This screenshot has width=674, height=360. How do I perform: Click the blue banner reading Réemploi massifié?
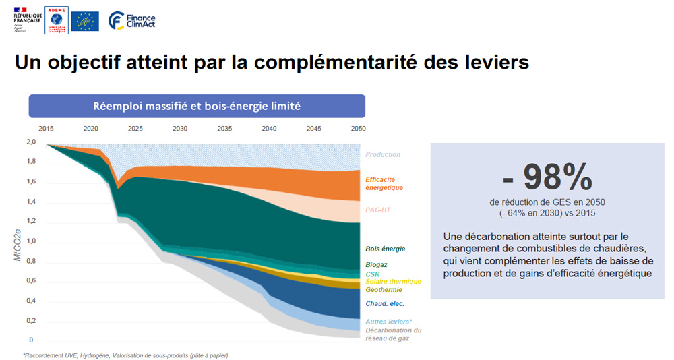[197, 106]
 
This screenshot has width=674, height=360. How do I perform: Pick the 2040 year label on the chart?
[269, 128]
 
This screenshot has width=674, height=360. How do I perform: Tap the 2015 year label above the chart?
[46, 128]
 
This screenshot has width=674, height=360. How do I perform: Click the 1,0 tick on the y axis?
[31, 241]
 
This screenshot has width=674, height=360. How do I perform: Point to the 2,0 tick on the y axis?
[31, 142]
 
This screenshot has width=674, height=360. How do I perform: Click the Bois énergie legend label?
[385, 249]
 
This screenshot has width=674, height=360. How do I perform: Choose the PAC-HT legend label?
[378, 210]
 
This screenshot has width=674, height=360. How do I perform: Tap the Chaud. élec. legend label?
[385, 304]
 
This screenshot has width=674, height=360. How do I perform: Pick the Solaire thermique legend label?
[393, 282]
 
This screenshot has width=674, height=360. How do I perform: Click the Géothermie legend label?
[384, 289]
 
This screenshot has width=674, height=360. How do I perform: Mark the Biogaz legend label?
[376, 265]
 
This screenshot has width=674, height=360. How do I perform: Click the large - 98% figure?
[547, 177]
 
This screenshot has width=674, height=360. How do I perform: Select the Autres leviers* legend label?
[389, 322]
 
